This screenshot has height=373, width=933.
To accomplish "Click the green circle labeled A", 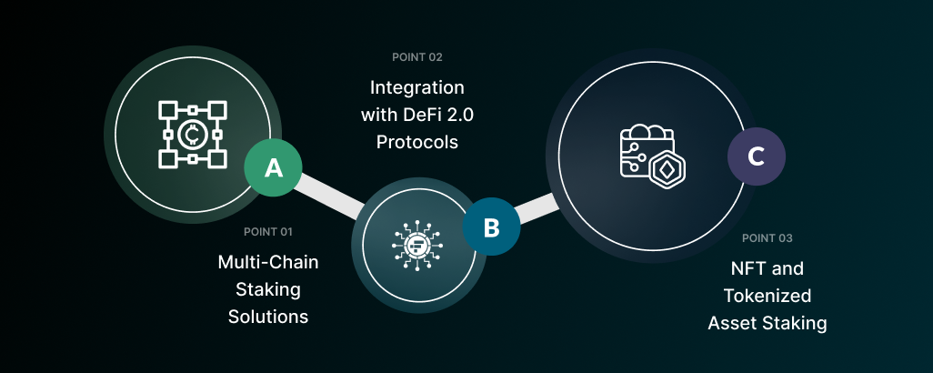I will point(273,167).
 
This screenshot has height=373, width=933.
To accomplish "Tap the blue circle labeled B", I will point(491,227).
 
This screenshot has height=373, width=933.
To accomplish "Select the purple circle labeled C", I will point(756,156).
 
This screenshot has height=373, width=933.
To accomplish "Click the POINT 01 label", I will point(268,231).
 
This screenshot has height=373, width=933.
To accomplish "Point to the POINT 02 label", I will point(417,57).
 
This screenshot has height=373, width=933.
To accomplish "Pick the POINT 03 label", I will point(767,238).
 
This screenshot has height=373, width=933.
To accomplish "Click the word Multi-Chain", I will point(268,262).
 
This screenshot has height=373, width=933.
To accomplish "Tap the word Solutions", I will point(268,317).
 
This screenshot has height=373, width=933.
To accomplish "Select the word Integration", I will point(417,88).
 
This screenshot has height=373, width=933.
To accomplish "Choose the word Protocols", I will point(417,143).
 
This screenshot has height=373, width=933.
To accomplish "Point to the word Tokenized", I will point(767,297).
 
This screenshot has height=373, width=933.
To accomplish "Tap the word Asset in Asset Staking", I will point(732,323).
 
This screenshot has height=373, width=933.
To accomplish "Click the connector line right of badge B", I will point(539,207).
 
